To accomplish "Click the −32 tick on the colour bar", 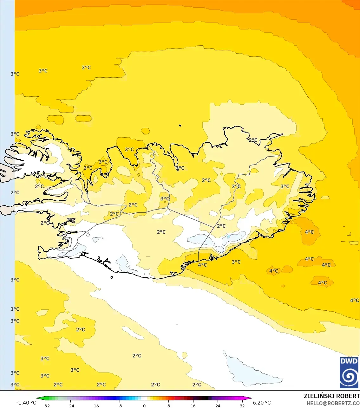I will pyautogui.click(x=46, y=405).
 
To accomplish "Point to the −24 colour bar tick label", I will pyautogui.click(x=70, y=405).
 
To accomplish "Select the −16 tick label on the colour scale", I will pyautogui.click(x=95, y=405).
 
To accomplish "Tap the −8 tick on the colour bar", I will pyautogui.click(x=120, y=405).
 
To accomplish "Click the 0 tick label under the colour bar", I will pyautogui.click(x=144, y=405).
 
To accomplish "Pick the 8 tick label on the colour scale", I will pyautogui.click(x=169, y=405).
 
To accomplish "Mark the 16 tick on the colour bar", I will pyautogui.click(x=193, y=405).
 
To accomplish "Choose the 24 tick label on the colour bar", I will pyautogui.click(x=218, y=405).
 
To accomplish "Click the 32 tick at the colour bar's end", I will pyautogui.click(x=242, y=405).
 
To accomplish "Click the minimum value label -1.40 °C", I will pyautogui.click(x=26, y=403).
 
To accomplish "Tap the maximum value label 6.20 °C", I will pyautogui.click(x=262, y=403).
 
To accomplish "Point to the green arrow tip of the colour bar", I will pyautogui.click(x=37, y=398).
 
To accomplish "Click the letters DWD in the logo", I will pyautogui.click(x=349, y=361).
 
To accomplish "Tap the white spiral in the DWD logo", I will pyautogui.click(x=349, y=377).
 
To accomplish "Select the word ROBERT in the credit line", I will pyautogui.click(x=348, y=396).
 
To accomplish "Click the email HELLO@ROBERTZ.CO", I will pyautogui.click(x=333, y=403).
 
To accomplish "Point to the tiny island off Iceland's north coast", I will pyautogui.click(x=180, y=126).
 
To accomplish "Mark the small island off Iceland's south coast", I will pyautogui.click(x=112, y=278).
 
